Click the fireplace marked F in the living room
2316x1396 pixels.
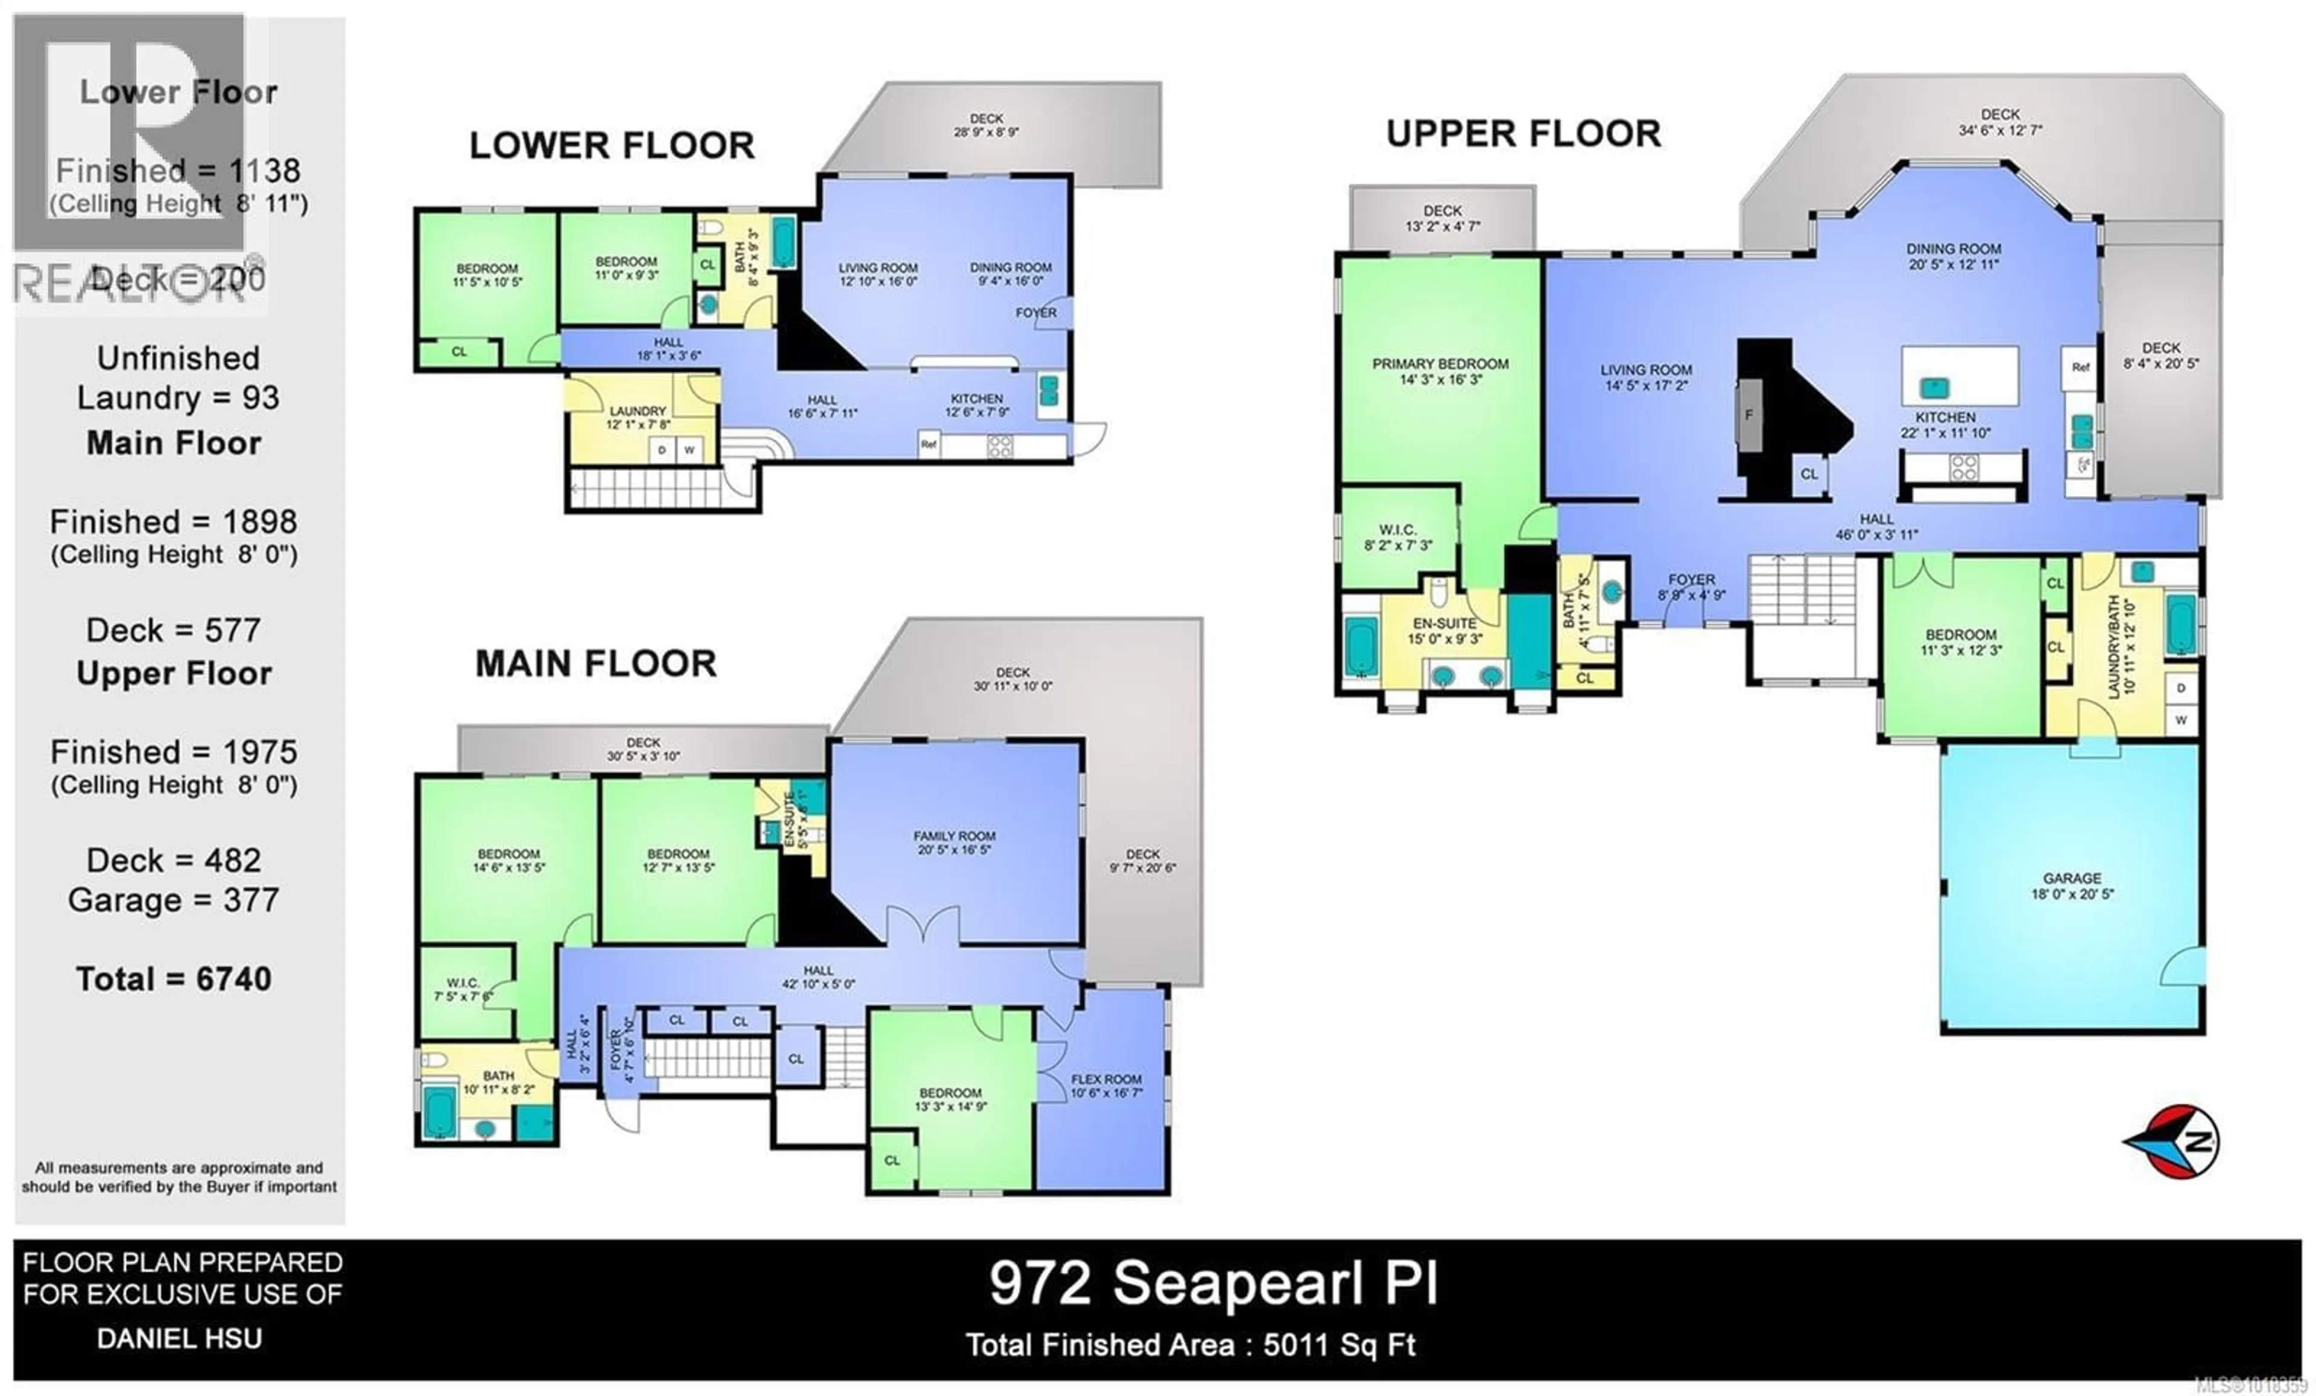(1749, 415)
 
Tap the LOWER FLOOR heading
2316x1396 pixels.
(612, 146)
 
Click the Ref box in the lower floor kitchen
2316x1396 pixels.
(929, 444)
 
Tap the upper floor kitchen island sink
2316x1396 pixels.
(1934, 386)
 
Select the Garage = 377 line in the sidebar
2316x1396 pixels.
(174, 900)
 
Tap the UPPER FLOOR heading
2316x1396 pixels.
(1523, 134)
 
